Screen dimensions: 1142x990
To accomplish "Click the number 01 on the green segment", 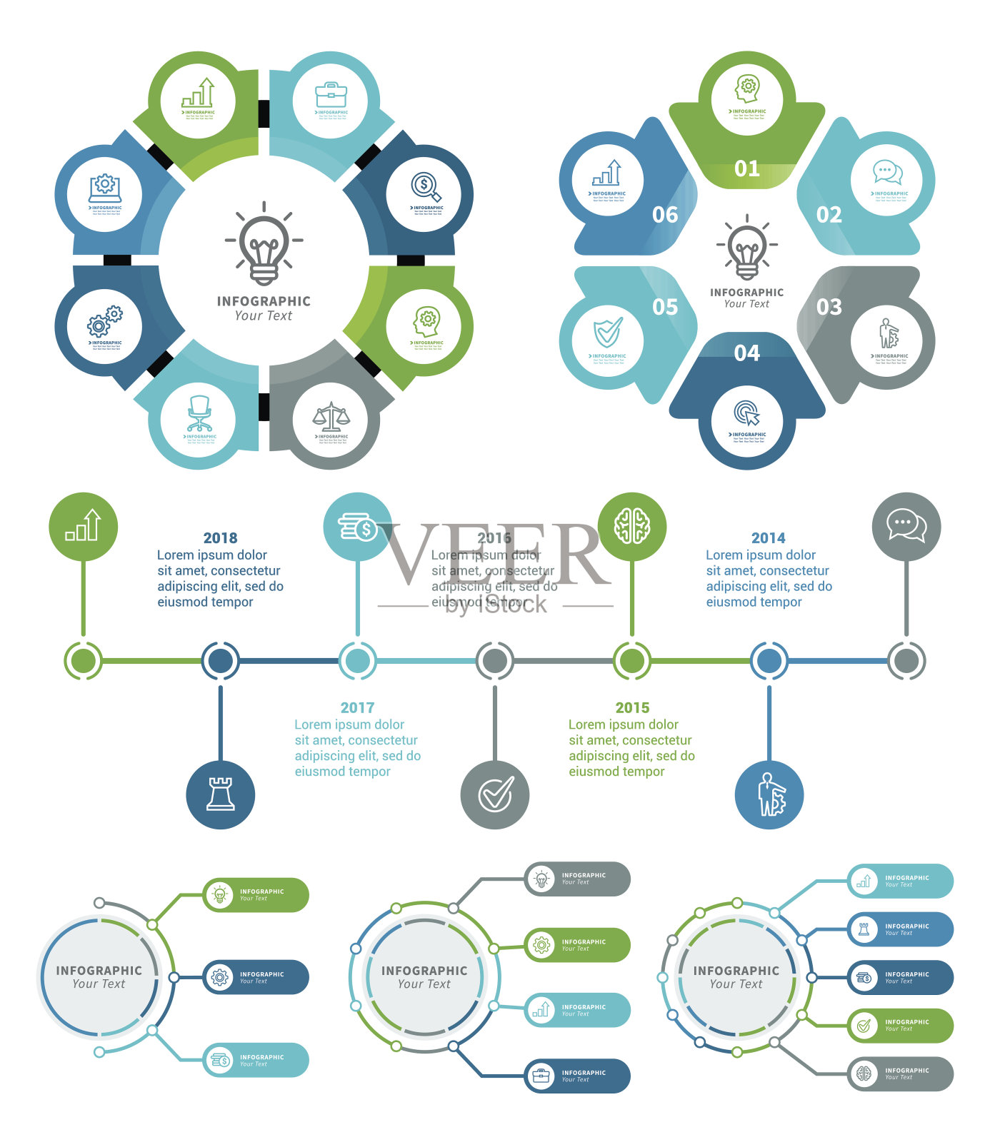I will coord(746,168).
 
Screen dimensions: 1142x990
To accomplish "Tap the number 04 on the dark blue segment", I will coord(746,353).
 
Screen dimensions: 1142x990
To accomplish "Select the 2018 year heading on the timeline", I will coord(220,537).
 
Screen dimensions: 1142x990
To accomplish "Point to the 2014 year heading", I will coord(768,537).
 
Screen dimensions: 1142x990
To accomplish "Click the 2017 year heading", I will coord(357,707).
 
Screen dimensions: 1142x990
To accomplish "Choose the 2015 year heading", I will coord(632,707).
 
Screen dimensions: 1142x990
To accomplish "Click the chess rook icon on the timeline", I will coord(221,794).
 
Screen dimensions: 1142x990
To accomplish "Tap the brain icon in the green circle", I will coord(632,527).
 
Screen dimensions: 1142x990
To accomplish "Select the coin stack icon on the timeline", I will coord(357,527).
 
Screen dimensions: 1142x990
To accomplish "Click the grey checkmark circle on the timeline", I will coord(495,794).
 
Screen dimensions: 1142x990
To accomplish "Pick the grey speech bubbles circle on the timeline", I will coord(906,527).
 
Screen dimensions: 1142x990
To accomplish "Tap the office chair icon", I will coord(199,413).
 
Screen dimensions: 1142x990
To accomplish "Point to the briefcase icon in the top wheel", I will coord(331,94).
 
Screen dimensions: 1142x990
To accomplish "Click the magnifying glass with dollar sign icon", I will coord(426,187).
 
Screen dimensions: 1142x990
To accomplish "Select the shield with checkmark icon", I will coord(608,333).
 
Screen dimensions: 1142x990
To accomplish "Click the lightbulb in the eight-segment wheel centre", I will coord(264,246).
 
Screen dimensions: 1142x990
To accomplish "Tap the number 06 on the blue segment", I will coord(665,215).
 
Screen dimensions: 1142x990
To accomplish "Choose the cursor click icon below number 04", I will coord(746,413).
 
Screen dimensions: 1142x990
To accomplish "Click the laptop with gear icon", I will coord(105,188).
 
